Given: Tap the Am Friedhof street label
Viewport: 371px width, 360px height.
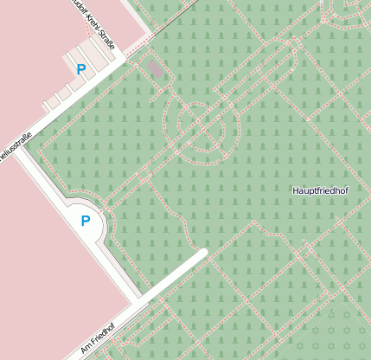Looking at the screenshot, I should (x=102, y=336).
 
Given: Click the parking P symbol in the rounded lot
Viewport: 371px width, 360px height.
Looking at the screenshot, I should (x=86, y=221).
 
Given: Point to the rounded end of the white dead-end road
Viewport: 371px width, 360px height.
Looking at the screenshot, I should (x=203, y=254).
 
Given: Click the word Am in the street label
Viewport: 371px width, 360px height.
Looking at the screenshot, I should (x=85, y=350).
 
